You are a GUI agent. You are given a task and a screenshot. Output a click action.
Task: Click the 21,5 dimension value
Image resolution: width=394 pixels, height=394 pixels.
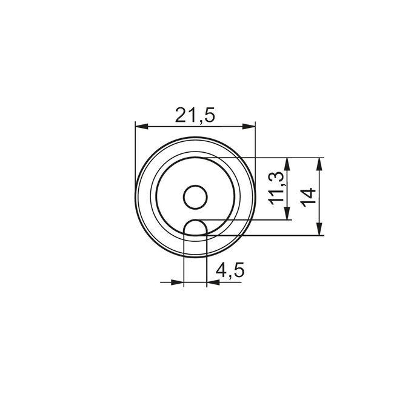(x=195, y=115)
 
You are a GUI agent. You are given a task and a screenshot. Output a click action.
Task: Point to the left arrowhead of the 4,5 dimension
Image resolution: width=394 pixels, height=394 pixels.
(x=177, y=282)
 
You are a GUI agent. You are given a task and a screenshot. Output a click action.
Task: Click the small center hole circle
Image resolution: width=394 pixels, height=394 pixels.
(x=195, y=197)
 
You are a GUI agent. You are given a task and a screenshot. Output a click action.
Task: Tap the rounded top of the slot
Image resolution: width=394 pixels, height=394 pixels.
(x=195, y=221)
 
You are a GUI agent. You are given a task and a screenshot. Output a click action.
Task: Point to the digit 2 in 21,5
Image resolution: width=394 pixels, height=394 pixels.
(x=181, y=115)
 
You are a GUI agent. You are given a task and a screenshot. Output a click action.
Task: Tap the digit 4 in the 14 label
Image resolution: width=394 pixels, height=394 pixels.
(x=308, y=191)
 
